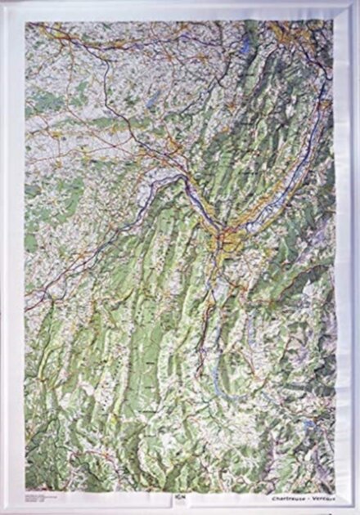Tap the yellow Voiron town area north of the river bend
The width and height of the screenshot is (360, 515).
click(173, 147)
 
